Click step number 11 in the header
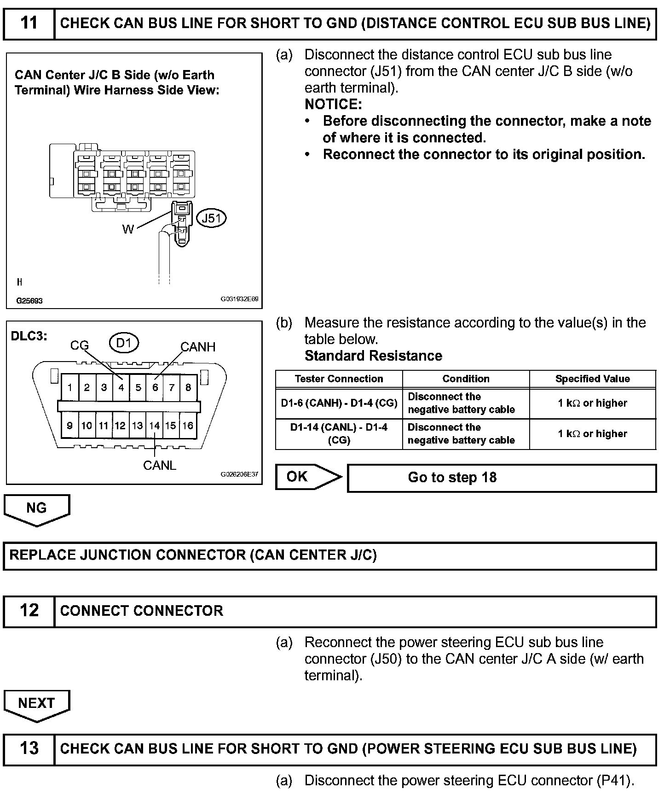29,23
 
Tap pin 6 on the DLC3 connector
155,387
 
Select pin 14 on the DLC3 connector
154,426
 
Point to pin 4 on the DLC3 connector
121,387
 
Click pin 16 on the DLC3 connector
188,426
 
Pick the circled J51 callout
212,218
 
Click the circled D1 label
124,343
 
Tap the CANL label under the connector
160,465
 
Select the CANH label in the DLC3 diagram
198,347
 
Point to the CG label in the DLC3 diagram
80,345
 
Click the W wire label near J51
128,229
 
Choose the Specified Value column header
592,379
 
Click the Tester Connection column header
339,379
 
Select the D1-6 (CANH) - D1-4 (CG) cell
339,403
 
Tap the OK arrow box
308,477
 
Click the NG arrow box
37,508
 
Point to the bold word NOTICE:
333,105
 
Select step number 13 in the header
29,748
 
